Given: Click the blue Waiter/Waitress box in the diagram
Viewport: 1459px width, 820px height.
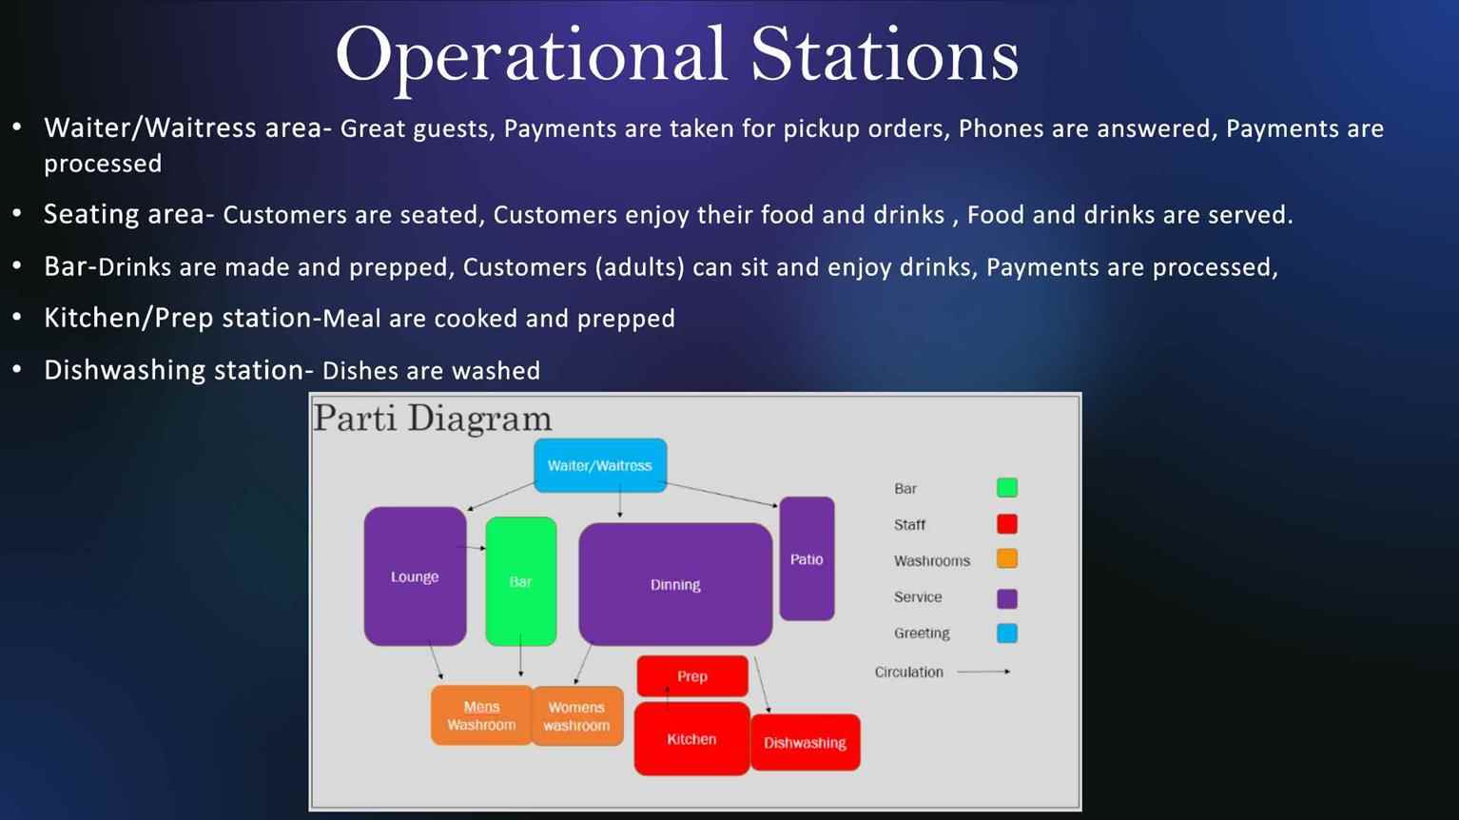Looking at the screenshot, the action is click(x=600, y=465).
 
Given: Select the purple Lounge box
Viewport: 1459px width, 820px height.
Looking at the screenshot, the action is click(x=415, y=576).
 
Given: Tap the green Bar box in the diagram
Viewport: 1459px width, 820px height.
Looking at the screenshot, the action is click(x=521, y=581).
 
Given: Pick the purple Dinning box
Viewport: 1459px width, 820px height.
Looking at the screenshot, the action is click(x=675, y=584).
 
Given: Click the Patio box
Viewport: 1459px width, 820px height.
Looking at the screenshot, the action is click(x=807, y=558).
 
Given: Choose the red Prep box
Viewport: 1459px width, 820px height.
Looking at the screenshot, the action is click(x=692, y=676).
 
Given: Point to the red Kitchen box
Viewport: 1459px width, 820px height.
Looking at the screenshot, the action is click(x=691, y=738).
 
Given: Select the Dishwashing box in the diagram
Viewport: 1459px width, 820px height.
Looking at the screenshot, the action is click(x=805, y=743).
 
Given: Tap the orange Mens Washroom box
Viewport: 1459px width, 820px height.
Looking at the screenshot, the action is click(x=481, y=715).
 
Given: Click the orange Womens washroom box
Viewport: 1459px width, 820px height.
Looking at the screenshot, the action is click(x=577, y=715).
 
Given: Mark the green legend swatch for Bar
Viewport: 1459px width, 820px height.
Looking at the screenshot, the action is click(x=1007, y=488).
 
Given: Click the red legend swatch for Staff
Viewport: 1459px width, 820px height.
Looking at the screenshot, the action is click(x=1007, y=524).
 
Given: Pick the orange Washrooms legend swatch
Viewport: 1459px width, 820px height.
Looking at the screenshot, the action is click(x=1007, y=559).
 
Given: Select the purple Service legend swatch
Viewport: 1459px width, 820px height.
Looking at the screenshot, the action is click(x=1007, y=598).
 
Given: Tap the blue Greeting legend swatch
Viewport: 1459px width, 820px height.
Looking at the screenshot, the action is click(x=1007, y=633).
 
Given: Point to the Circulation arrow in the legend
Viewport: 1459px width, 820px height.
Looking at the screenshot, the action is click(x=983, y=672).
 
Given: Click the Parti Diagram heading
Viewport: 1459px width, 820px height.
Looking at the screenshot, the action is click(x=433, y=419).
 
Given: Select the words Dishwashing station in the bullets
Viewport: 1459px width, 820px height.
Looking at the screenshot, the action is click(x=175, y=370).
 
